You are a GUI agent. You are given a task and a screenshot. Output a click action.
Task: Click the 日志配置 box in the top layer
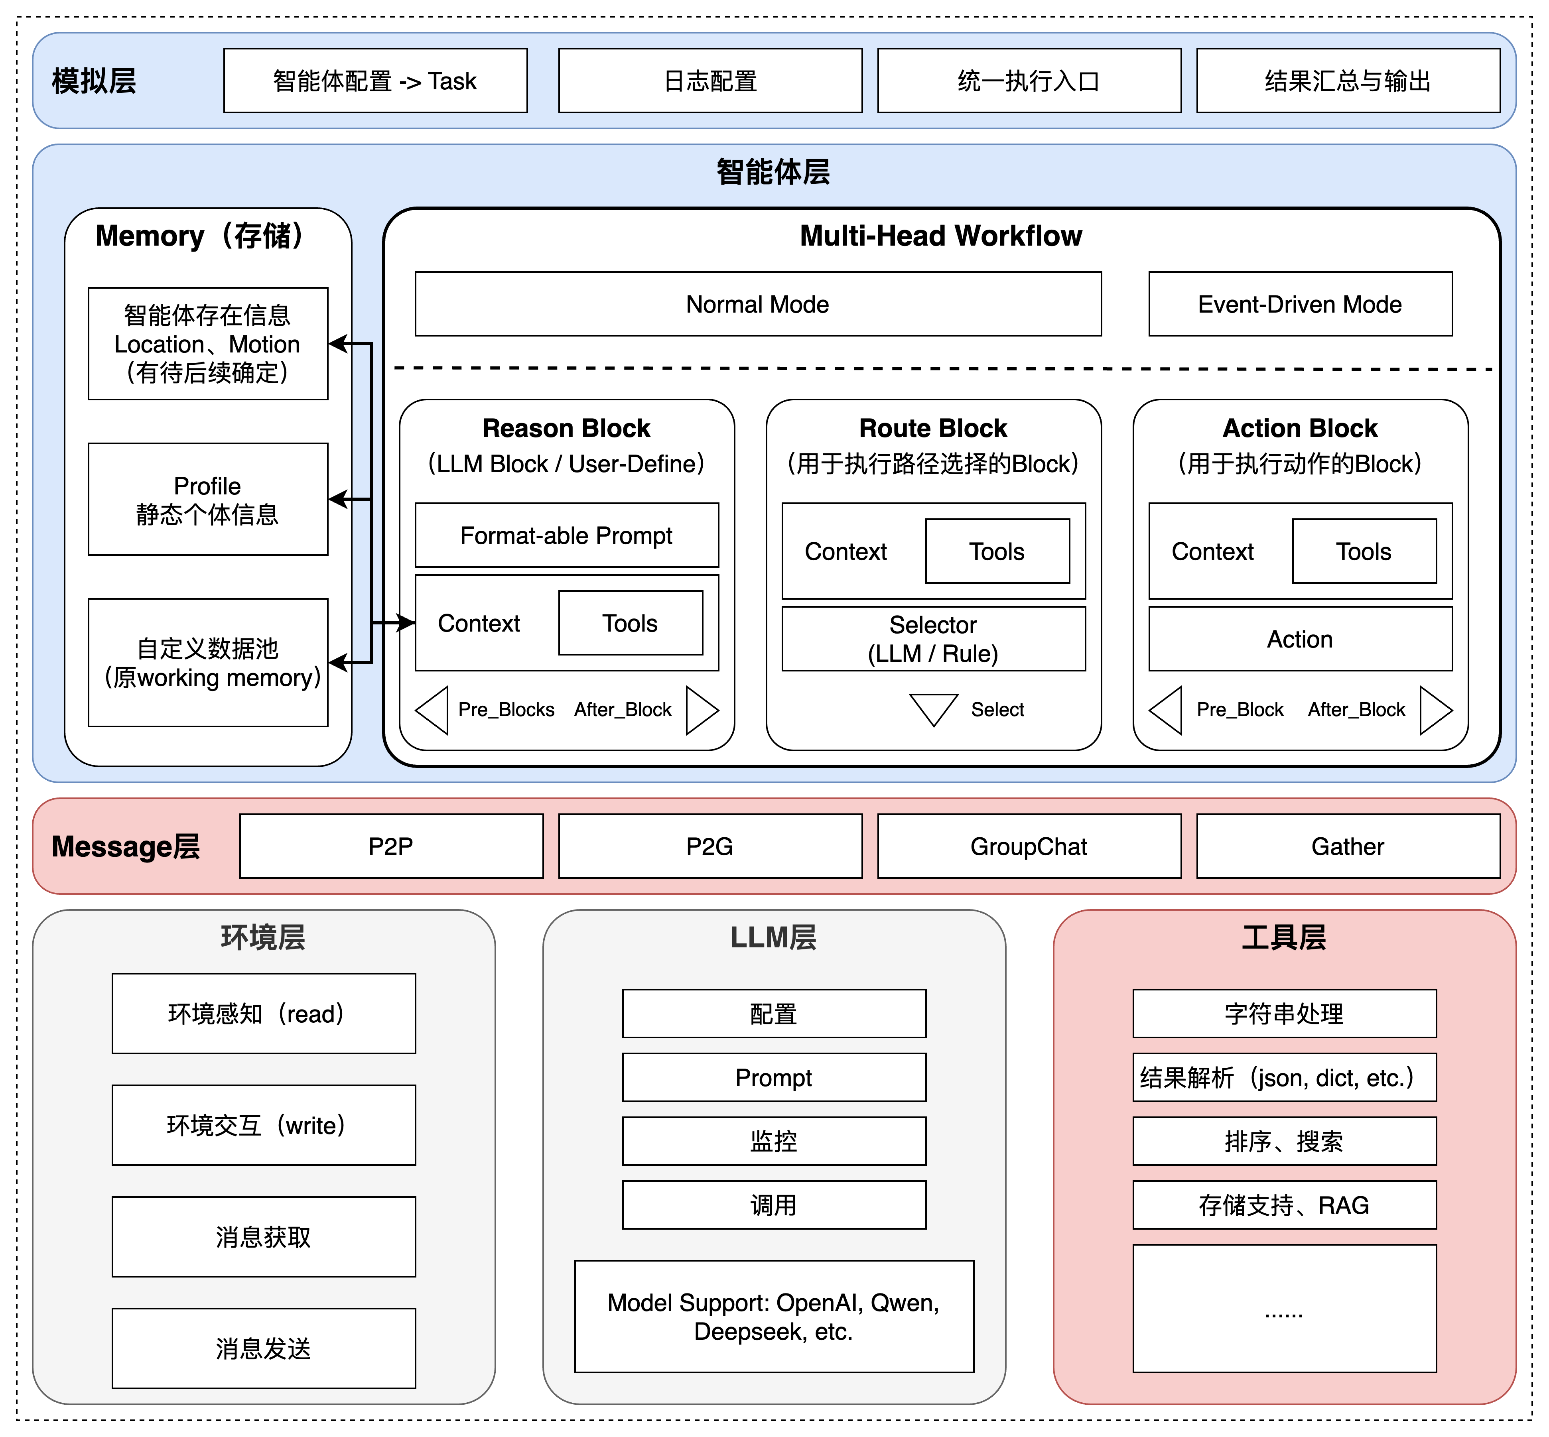[x=710, y=81]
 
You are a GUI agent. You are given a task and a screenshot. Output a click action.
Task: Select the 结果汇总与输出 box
[x=1348, y=81]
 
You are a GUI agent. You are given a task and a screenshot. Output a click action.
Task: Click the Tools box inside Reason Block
[x=630, y=623]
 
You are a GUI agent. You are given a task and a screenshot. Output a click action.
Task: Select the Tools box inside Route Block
[x=997, y=551]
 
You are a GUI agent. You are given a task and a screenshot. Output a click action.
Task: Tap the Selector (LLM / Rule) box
[x=933, y=638]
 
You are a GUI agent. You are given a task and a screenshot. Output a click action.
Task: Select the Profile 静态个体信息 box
[x=208, y=499]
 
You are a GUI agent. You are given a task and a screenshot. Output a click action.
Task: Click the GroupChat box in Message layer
[x=1029, y=846]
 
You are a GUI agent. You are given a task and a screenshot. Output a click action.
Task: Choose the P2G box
[x=710, y=846]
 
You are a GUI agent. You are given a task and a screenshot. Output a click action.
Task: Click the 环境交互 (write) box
[x=264, y=1125]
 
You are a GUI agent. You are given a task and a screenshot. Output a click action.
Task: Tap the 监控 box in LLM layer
[x=774, y=1141]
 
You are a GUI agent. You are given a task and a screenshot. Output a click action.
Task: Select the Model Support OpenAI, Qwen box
[x=774, y=1317]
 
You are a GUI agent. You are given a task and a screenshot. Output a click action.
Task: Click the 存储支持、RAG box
[x=1284, y=1205]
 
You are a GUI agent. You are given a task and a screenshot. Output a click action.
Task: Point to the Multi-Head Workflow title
[x=941, y=236]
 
